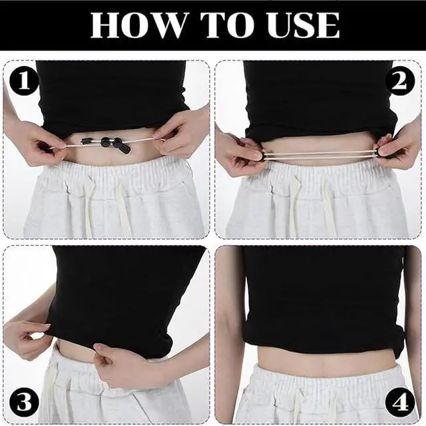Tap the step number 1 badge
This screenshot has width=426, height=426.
(x=24, y=81)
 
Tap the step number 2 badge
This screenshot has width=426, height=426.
(x=399, y=81)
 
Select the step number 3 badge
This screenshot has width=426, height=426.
(x=24, y=402)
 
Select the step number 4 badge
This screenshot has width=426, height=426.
(x=400, y=402)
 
